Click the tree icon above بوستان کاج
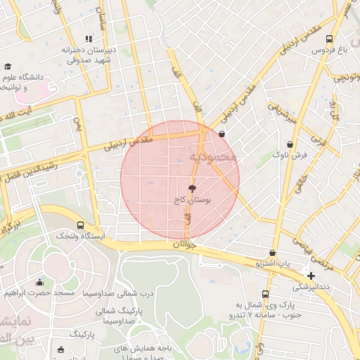tap(193, 188)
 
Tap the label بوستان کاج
tap(193, 200)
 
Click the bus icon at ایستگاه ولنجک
tap(82, 225)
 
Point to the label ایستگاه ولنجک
tap(82, 236)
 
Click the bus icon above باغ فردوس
tap(330, 39)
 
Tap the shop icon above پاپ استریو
tap(273, 252)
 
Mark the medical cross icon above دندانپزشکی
tap(311, 276)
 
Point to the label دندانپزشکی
tap(311, 287)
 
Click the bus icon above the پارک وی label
tap(265, 294)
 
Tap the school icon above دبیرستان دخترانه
tap(88, 39)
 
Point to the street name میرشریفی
tap(284, 112)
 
